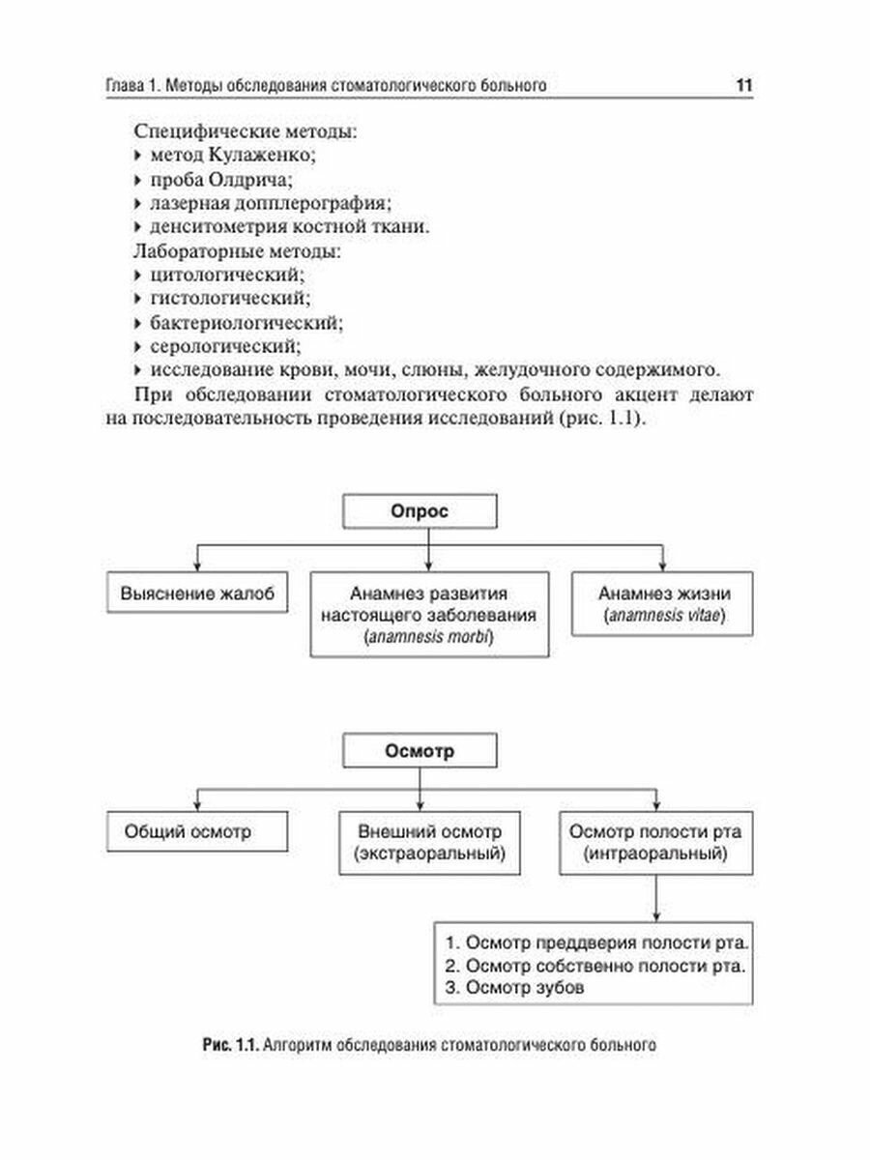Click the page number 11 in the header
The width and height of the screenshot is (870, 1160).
click(x=742, y=86)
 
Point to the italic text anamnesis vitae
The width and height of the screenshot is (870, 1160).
click(x=662, y=616)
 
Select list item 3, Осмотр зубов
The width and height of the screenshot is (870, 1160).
click(x=516, y=988)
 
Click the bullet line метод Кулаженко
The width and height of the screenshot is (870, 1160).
click(x=232, y=155)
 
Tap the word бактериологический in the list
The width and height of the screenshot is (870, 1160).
click(x=245, y=321)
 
